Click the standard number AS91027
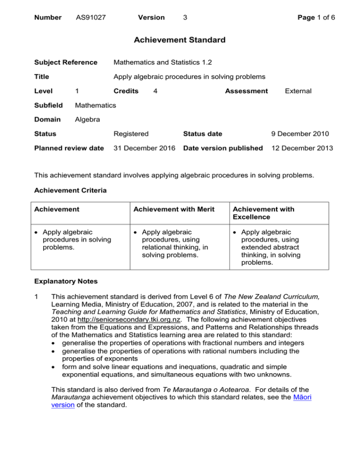coord(90,17)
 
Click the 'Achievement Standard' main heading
coord(180,40)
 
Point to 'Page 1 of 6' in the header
coord(314,17)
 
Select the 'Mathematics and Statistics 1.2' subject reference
coord(163,62)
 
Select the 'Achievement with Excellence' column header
coord(265,213)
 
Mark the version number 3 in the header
coord(186,17)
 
